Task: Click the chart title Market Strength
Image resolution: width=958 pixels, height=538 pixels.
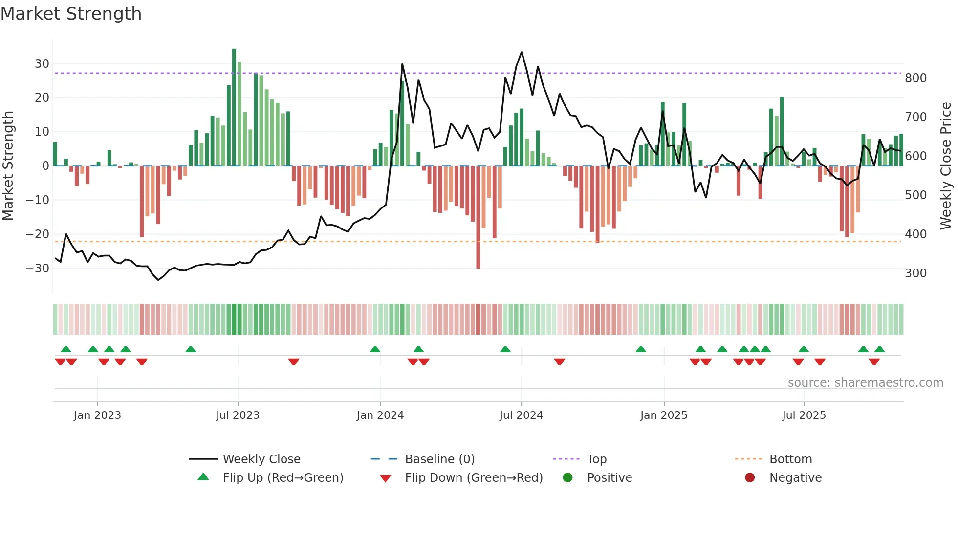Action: coord(71,14)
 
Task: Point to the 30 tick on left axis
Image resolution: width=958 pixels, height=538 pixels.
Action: coord(42,64)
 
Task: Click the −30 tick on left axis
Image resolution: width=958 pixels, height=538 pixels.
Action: coord(38,268)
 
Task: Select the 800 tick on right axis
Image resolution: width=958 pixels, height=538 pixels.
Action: coord(915,78)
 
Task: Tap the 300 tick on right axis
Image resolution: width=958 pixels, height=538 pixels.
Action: coord(915,273)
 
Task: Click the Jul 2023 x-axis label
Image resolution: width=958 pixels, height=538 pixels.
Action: coord(238,415)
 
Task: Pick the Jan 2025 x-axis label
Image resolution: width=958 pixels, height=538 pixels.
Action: coord(663,415)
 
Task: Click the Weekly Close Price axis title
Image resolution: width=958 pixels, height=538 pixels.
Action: coord(946,166)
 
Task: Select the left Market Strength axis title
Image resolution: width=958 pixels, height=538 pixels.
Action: coord(8,166)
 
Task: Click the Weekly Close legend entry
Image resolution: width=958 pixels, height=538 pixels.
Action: coord(261,459)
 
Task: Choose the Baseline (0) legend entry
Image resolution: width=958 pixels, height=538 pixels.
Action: coord(439,459)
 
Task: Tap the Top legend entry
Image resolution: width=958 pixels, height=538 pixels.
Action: coord(596,459)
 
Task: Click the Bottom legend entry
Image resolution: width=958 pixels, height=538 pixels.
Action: coord(790,459)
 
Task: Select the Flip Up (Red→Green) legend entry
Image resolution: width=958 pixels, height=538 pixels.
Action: coord(283,478)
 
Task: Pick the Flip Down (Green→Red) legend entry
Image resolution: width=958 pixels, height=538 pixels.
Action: coord(473,478)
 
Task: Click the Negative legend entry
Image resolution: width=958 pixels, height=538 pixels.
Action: coord(795,478)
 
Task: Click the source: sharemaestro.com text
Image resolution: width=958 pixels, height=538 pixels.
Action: coord(865,383)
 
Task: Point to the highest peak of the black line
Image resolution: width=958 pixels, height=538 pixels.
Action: coord(522,52)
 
